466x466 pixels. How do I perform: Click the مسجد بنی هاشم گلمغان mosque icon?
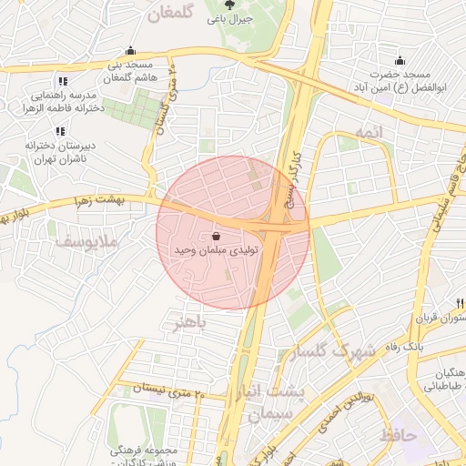click(x=131, y=51)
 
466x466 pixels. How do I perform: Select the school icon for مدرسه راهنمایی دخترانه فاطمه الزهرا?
click(x=61, y=81)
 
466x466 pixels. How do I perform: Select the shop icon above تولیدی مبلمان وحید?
click(x=215, y=234)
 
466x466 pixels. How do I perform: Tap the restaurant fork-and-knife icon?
click(x=461, y=303)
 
